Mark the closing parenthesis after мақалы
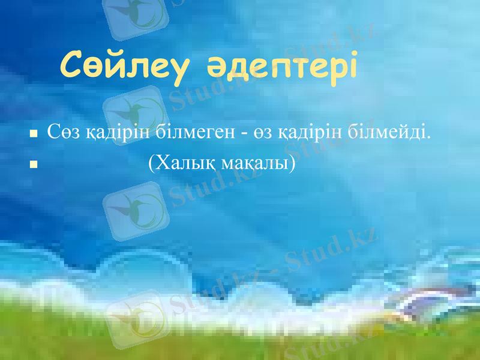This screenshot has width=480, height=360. click(293, 163)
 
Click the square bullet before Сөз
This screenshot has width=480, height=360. click(34, 133)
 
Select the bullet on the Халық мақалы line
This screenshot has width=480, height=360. click(34, 163)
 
